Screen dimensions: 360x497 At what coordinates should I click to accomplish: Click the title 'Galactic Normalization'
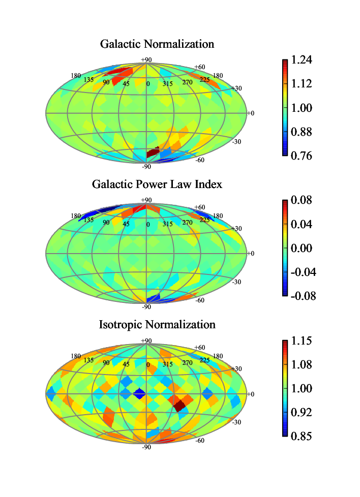pyautogui.click(x=157, y=44)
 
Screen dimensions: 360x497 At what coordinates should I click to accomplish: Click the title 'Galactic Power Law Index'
pyautogui.click(x=157, y=184)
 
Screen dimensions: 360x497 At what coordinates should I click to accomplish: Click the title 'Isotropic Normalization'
pyautogui.click(x=157, y=325)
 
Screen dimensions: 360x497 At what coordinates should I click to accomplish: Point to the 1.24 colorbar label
pyautogui.click(x=302, y=59)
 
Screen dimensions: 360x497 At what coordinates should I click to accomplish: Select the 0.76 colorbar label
pyautogui.click(x=302, y=156)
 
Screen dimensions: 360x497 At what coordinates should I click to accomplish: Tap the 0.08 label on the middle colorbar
pyautogui.click(x=302, y=200)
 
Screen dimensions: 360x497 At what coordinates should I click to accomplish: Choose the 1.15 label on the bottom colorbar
pyautogui.click(x=302, y=341)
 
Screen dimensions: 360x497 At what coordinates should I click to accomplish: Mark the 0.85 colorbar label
pyautogui.click(x=302, y=436)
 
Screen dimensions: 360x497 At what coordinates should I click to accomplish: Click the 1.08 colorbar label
pyautogui.click(x=302, y=364)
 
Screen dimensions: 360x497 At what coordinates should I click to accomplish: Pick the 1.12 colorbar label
pyautogui.click(x=302, y=84)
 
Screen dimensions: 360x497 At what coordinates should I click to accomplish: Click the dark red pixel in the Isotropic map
pyautogui.click(x=179, y=406)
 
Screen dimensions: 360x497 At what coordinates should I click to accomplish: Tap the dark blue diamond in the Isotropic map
pyautogui.click(x=139, y=394)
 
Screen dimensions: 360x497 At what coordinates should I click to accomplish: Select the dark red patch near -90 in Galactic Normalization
pyautogui.click(x=153, y=152)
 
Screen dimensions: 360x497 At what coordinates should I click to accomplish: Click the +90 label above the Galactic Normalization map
pyautogui.click(x=146, y=59)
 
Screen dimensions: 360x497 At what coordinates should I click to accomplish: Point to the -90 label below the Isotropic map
pyautogui.click(x=146, y=447)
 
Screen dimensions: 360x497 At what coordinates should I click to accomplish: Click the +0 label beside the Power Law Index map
pyautogui.click(x=251, y=254)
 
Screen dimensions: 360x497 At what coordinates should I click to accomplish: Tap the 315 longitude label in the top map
pyautogui.click(x=167, y=84)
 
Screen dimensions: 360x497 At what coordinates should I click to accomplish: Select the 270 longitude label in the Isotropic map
pyautogui.click(x=187, y=363)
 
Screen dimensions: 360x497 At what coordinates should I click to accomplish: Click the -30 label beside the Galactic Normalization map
pyautogui.click(x=236, y=142)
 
